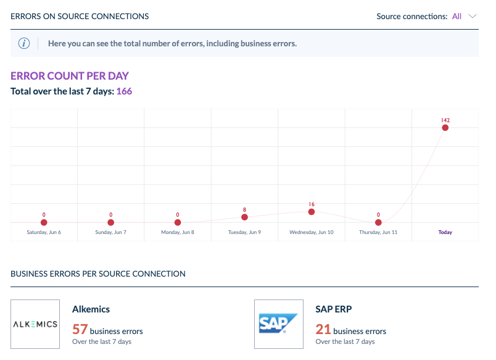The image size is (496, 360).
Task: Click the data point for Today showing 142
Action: pos(445,128)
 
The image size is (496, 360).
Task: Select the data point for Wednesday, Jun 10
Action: pos(312,212)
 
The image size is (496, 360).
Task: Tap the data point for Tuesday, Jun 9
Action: pos(245,217)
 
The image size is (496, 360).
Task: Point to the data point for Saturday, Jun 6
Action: pos(44,222)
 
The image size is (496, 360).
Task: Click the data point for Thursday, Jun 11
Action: pos(378,222)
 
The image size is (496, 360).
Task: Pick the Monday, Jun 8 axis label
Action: pos(178,233)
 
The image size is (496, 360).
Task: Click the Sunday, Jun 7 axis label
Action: pos(110,233)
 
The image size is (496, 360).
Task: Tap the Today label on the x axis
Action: pos(445,233)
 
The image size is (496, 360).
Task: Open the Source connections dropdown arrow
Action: pos(473,17)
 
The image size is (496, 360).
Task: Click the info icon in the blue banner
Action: pos(24,43)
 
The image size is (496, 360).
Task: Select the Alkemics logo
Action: pos(35,324)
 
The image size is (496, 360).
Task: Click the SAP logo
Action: pos(279,324)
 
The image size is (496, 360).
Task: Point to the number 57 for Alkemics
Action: pos(81,329)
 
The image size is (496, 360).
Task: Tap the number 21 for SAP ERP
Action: pos(323,329)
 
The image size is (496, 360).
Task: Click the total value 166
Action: pos(124,91)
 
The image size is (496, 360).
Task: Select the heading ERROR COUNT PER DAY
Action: pos(70,76)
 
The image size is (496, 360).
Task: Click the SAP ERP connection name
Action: pos(334,309)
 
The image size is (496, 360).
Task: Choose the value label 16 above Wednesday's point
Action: pos(312,204)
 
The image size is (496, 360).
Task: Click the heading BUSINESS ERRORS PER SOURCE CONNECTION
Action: pos(98,274)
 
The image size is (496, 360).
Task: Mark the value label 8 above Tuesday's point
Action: pos(245,209)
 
